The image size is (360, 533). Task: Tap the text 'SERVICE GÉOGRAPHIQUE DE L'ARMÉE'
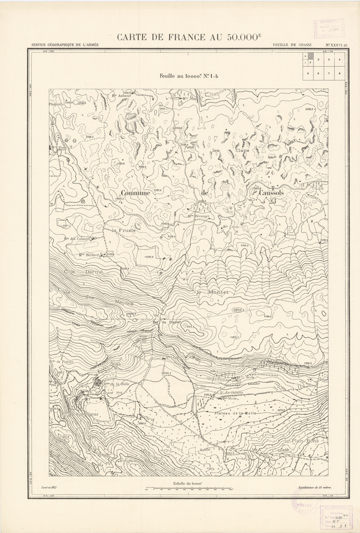coord(65,45)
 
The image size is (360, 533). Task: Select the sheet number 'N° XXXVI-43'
coord(336,45)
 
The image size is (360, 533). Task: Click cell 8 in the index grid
coord(339,73)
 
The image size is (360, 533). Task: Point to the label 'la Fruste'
coord(123,229)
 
